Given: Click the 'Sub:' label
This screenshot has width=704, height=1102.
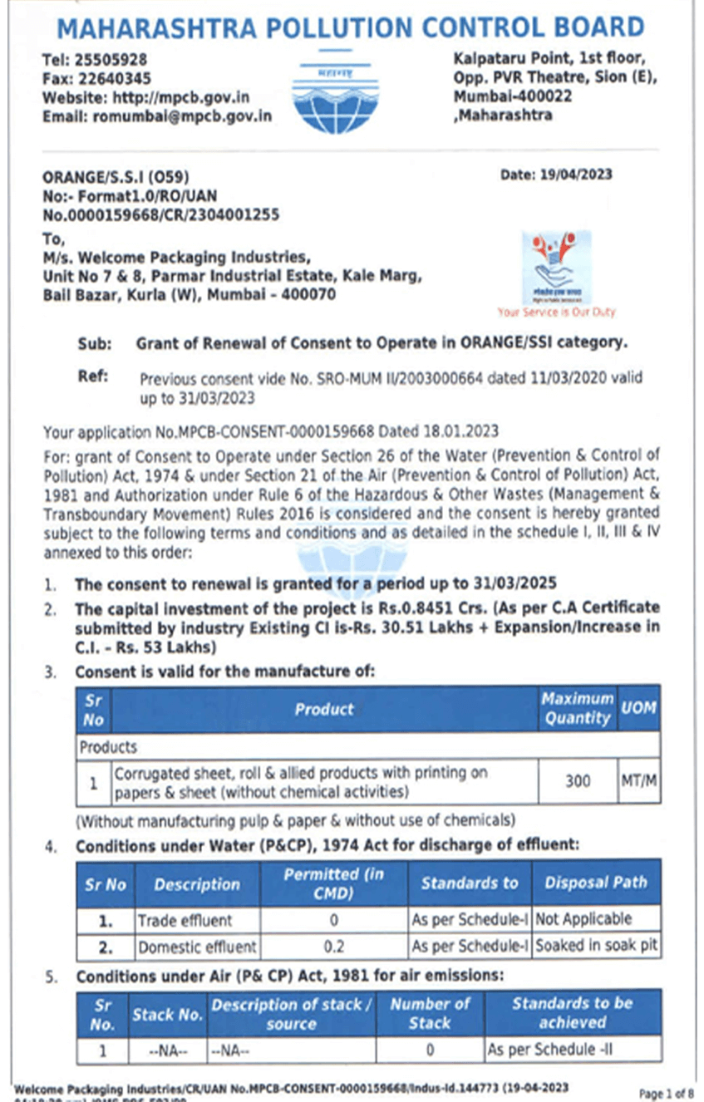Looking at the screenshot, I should coord(92,342).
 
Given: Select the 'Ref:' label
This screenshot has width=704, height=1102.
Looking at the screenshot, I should coord(93,376).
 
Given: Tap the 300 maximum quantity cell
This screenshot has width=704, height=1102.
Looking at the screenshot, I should coord(578,781).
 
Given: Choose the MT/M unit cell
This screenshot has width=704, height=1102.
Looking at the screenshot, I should coord(639,781).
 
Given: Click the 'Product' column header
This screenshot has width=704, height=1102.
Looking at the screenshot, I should coord(324,709).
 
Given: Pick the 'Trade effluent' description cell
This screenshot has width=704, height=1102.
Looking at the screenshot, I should coord(185,920).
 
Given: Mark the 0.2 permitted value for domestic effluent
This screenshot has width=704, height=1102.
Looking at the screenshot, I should coord(335,946).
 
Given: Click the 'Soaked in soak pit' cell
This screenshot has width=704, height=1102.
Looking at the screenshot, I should coord(596,946).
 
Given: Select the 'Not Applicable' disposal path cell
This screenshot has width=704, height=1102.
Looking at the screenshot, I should coord(583,920).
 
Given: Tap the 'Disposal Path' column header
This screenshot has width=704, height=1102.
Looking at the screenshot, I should coord(595,883).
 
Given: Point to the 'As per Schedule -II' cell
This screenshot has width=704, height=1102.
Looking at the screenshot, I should coord(549,1050).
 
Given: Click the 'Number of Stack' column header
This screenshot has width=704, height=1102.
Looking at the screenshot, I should coord(430,1013).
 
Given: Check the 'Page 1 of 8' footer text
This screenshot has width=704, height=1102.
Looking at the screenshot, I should coord(666,1092).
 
